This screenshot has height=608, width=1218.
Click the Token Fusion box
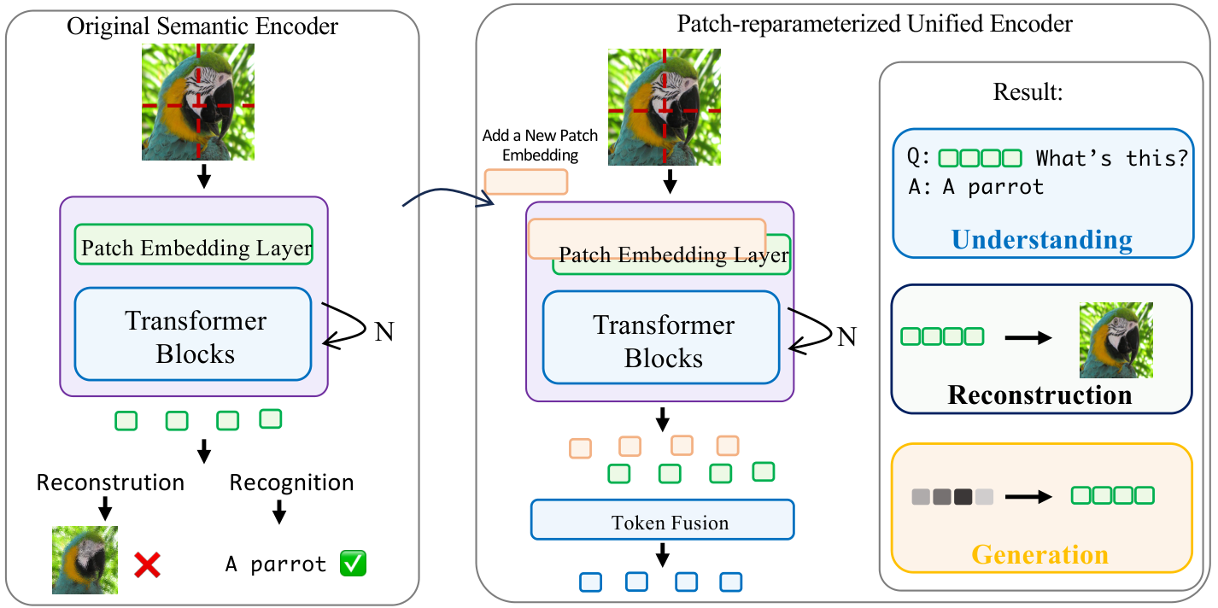coord(662,520)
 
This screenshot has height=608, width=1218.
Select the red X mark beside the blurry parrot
coord(147,565)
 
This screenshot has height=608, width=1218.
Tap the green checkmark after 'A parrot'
coord(353,564)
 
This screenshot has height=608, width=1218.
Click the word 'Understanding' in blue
coord(1042,240)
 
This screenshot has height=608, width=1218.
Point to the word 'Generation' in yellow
coord(1039,555)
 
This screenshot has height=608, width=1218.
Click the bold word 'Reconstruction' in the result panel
coord(1039,395)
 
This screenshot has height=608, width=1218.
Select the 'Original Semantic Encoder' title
coord(202,26)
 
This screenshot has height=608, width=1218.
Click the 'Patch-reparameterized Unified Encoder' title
coord(875,24)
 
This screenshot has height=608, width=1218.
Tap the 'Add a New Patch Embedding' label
coord(540,145)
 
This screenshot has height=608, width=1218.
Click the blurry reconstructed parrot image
coord(85,559)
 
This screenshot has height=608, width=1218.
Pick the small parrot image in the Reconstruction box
coord(1116,340)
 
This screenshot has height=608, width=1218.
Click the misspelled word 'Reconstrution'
coord(110,483)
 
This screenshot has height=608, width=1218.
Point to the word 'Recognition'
coord(291,483)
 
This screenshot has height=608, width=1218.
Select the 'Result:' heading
coord(1028,92)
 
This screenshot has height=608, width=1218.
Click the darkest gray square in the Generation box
coord(963,496)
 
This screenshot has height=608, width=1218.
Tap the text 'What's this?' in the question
coord(1111,158)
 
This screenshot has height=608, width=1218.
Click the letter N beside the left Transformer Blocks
coord(384,331)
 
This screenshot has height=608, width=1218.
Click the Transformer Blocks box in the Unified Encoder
coord(661,337)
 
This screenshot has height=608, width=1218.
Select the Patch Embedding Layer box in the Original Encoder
coord(194,244)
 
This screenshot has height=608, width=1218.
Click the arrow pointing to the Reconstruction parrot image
coord(1028,337)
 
